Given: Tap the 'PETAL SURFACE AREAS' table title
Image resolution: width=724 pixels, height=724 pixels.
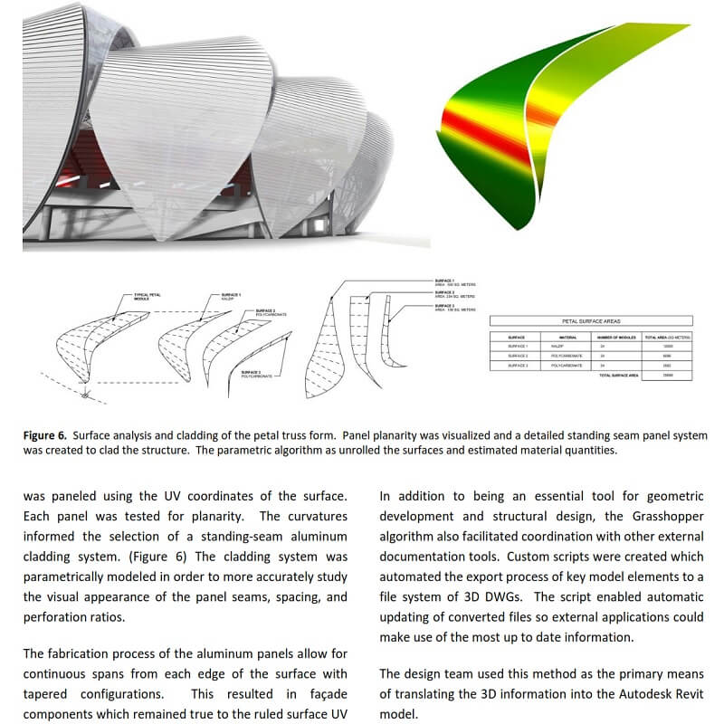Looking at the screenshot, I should point(590,321).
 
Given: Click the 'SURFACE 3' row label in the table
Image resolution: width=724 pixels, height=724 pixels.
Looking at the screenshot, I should point(519,365).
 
